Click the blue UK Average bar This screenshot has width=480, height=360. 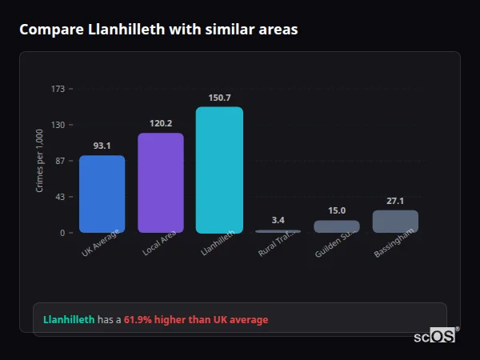tap(102, 194)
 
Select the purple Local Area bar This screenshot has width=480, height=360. tap(161, 183)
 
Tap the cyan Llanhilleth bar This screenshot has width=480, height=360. tap(219, 170)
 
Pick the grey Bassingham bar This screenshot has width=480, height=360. tap(395, 222)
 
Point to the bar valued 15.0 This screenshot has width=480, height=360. tap(337, 226)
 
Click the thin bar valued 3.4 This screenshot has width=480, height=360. tap(278, 231)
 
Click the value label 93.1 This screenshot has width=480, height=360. tap(102, 146)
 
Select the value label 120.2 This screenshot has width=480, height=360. tap(161, 123)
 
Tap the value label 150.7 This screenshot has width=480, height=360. tap(219, 98)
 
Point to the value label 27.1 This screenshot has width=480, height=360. tap(395, 201)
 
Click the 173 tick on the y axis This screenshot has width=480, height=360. tap(58, 89)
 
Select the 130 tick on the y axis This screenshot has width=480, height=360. tap(58, 125)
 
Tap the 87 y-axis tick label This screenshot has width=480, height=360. tap(60, 161)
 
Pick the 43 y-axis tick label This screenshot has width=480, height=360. tap(60, 197)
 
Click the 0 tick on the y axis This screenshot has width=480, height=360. tap(62, 233)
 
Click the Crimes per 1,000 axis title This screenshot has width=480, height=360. tap(40, 161)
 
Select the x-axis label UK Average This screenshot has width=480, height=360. tap(101, 244)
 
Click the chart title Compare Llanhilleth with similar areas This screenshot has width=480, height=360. tap(158, 30)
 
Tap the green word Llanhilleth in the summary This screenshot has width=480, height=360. tap(69, 320)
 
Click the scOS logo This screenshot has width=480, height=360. tap(435, 336)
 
